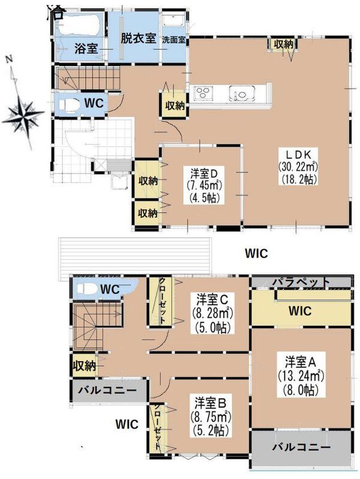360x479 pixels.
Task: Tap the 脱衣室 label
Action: click(138, 39)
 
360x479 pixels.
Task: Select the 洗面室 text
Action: click(174, 40)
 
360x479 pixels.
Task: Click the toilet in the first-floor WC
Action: click(69, 105)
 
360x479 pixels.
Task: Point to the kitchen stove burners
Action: click(202, 93)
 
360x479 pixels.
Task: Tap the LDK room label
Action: click(298, 154)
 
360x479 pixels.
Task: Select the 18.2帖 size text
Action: click(298, 178)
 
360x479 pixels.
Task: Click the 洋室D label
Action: click(203, 174)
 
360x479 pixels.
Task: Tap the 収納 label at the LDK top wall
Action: click(283, 44)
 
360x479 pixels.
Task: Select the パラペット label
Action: click(301, 282)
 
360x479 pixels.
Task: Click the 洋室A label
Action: click(301, 362)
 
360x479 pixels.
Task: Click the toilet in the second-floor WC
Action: click(84, 288)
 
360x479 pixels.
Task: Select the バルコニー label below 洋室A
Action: click(301, 448)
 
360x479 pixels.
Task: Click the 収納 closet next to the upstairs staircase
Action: click(83, 366)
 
